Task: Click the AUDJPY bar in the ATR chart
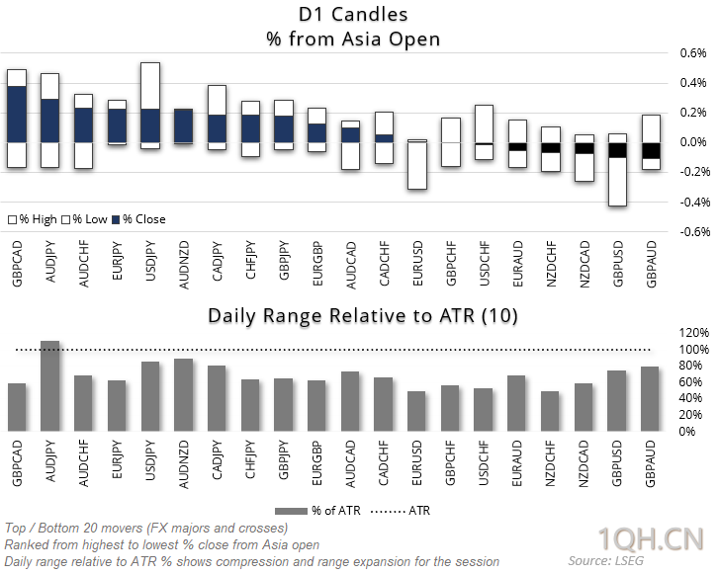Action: (49, 386)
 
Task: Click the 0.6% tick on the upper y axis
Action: (690, 52)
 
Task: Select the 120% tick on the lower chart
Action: (692, 333)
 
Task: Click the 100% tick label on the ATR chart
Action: (692, 350)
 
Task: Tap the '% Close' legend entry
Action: (138, 219)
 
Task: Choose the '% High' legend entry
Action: (33, 219)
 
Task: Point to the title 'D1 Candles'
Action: (353, 16)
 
